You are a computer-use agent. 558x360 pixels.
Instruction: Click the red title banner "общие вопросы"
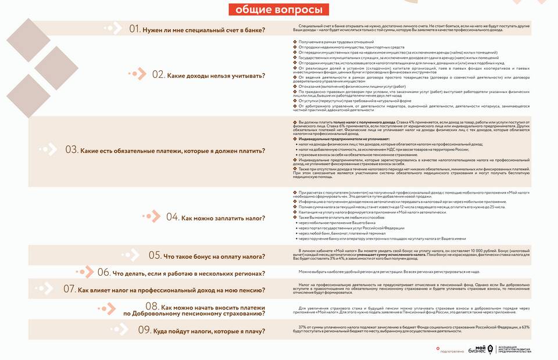pos(278,10)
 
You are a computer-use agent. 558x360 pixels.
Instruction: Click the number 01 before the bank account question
pos(135,29)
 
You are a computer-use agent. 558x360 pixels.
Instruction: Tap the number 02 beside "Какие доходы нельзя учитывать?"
pos(159,74)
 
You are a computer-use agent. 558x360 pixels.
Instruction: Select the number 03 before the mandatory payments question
pos(71,149)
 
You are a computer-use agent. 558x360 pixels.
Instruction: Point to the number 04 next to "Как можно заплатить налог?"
pos(173,218)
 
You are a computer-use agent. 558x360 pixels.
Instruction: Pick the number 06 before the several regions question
pos(103,272)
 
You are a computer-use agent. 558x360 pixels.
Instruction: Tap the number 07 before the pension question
pos(70,289)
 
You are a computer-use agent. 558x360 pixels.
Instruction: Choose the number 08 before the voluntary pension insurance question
pos(152,306)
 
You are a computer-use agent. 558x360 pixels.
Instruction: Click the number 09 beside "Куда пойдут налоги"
pos(144,331)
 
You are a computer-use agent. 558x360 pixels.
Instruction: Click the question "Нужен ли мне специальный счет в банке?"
pos(204,30)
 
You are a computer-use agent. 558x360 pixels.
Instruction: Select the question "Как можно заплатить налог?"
pos(223,218)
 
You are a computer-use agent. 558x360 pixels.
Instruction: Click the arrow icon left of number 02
pos(137,74)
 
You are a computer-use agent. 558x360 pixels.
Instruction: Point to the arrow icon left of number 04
pos(152,217)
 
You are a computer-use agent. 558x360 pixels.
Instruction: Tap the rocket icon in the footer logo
pos(491,349)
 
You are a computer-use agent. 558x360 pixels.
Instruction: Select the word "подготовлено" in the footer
pos(452,351)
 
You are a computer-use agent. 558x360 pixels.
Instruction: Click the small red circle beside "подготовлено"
pos(437,349)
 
